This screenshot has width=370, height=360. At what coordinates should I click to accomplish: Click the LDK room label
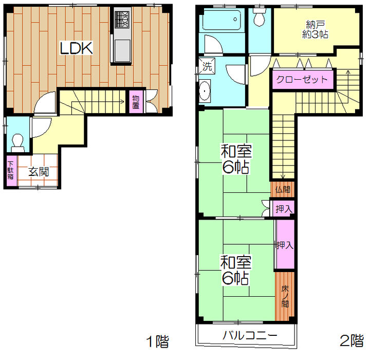click(x=76, y=48)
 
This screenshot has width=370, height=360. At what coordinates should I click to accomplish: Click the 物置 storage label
click(x=136, y=102)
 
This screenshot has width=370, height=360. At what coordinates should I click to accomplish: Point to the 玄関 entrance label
click(x=39, y=172)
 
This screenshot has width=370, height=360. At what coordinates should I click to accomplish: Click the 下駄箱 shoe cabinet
click(x=10, y=171)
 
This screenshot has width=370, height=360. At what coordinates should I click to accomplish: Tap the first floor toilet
click(x=18, y=143)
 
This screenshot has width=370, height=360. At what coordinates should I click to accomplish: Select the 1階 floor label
click(x=157, y=341)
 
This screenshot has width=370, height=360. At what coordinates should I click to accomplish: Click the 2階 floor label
click(x=351, y=341)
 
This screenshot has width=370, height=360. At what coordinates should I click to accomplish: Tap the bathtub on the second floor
click(x=221, y=20)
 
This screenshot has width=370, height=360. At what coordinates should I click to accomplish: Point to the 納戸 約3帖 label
click(x=315, y=29)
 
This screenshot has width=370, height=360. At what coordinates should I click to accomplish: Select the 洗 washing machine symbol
click(x=207, y=66)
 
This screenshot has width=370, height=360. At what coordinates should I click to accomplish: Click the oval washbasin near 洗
click(x=205, y=91)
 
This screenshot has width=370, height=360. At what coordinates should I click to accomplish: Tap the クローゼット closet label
click(x=302, y=79)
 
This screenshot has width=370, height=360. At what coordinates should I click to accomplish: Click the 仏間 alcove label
click(x=283, y=189)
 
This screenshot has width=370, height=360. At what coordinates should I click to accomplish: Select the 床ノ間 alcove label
click(x=285, y=296)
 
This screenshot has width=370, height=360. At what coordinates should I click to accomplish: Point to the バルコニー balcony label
click(x=250, y=335)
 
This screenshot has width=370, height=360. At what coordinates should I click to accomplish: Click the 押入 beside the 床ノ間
click(x=285, y=245)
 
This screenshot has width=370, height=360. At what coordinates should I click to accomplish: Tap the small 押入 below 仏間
click(x=284, y=209)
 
